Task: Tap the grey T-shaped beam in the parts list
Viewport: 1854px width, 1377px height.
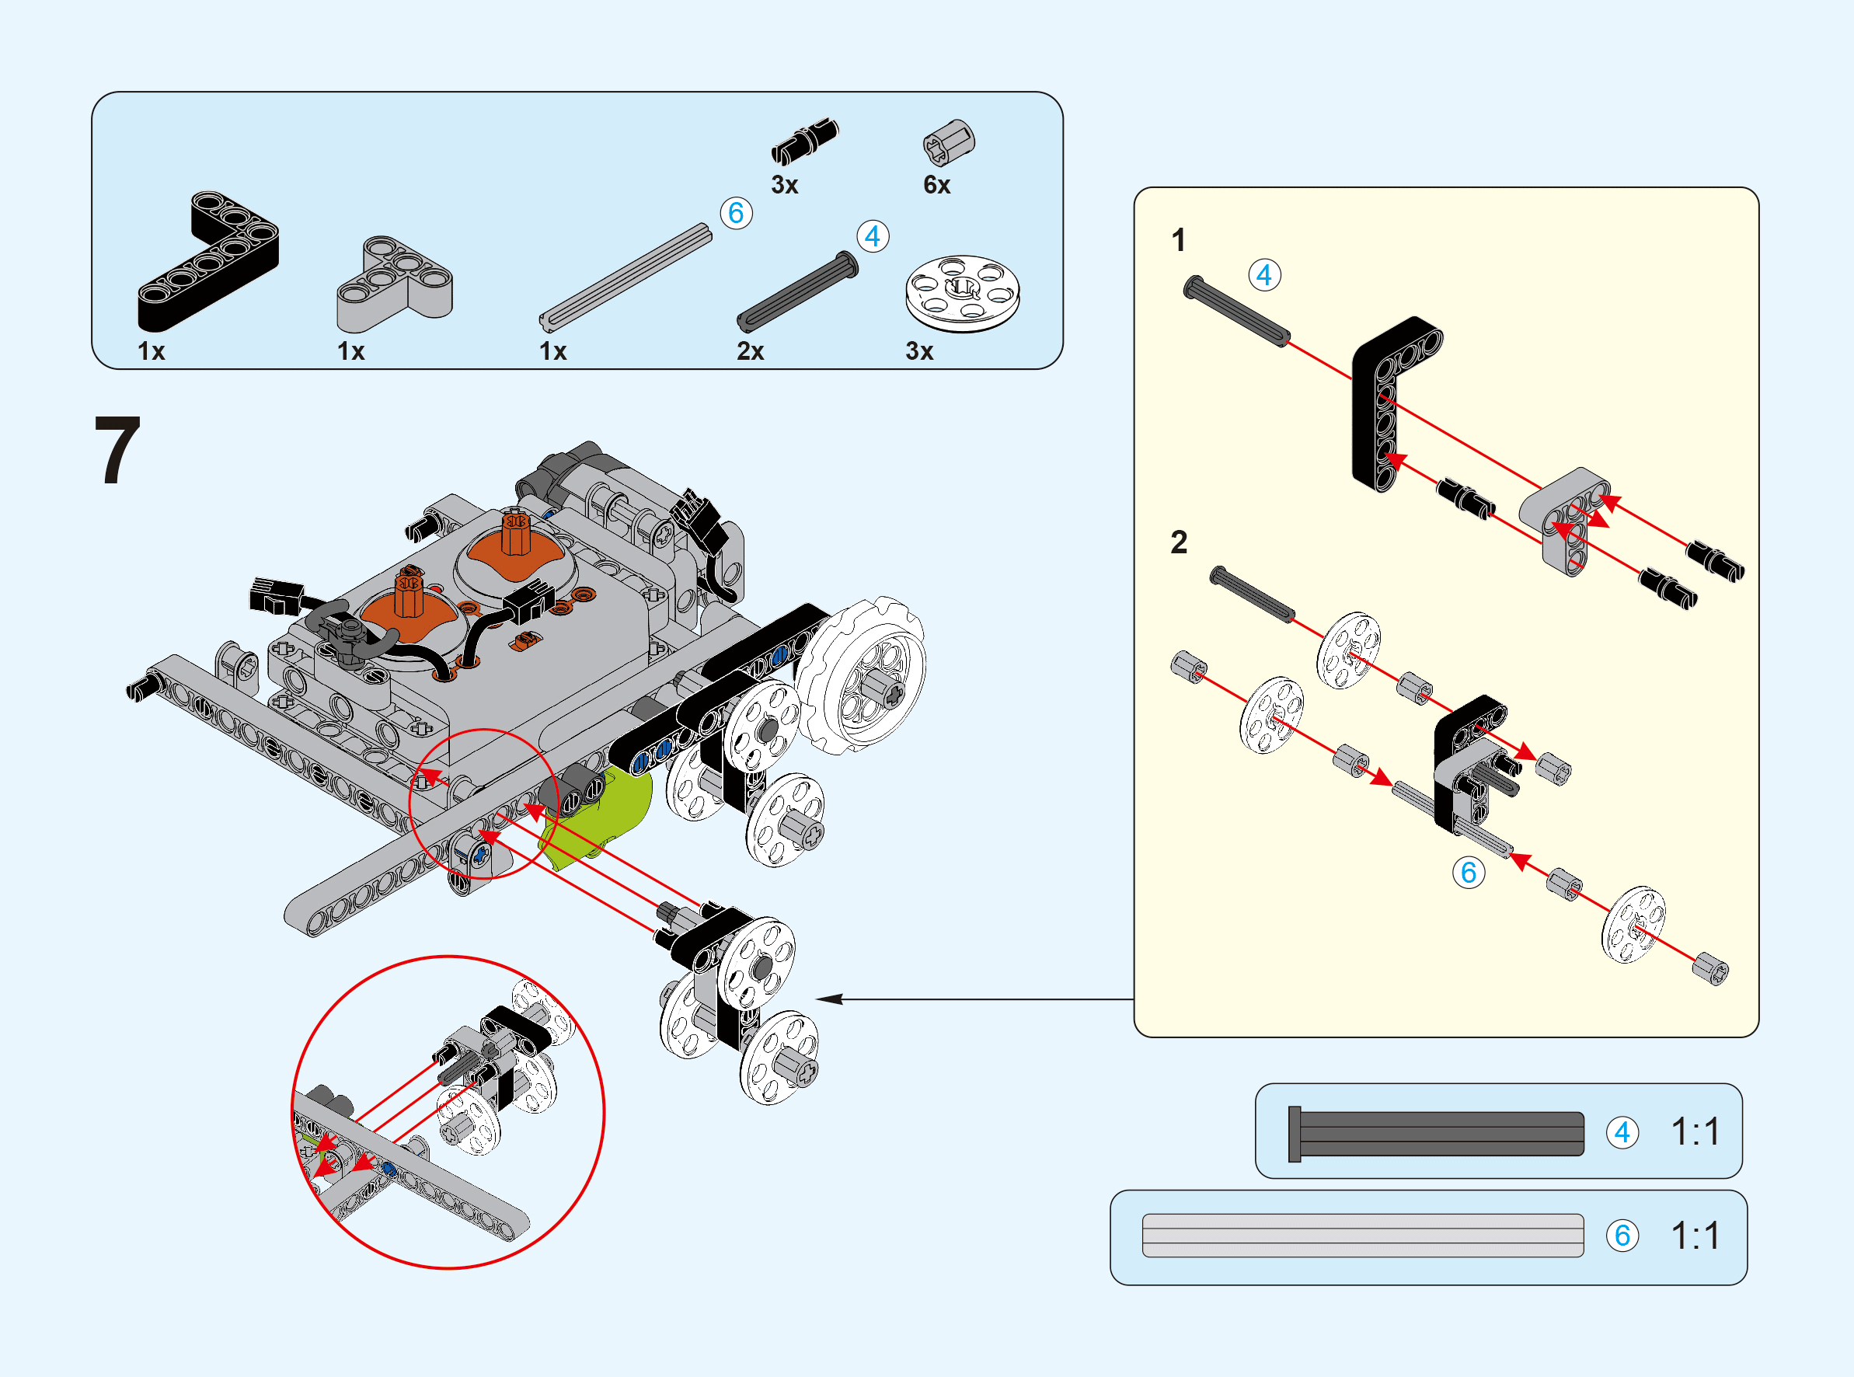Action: (394, 283)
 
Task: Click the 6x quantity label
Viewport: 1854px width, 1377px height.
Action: (936, 184)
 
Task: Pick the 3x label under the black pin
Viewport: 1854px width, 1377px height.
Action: (784, 184)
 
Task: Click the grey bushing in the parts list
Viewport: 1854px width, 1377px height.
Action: (948, 142)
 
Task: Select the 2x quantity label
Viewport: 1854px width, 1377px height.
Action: (750, 351)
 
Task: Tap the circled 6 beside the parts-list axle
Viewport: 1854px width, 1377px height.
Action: (736, 213)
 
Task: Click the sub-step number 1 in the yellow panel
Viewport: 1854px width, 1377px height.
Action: (1178, 240)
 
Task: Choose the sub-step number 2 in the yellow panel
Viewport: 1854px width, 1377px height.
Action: (1178, 542)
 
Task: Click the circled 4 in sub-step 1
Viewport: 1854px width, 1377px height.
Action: (1264, 275)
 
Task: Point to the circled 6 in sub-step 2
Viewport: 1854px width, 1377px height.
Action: (1468, 872)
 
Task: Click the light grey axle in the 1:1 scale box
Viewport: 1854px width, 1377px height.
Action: (1362, 1235)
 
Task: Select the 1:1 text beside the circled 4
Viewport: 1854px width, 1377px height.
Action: (1695, 1132)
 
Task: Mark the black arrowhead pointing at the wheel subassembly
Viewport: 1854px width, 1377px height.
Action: (828, 999)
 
